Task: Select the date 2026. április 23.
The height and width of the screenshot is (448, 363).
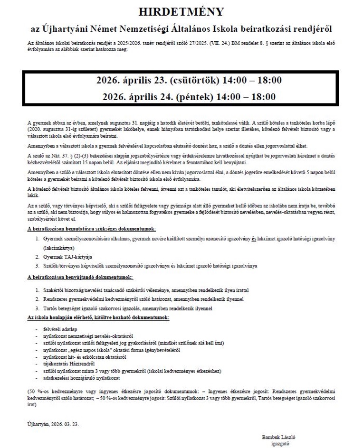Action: click(128, 80)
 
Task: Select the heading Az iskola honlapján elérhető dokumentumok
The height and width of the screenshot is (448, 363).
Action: click(99, 317)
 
